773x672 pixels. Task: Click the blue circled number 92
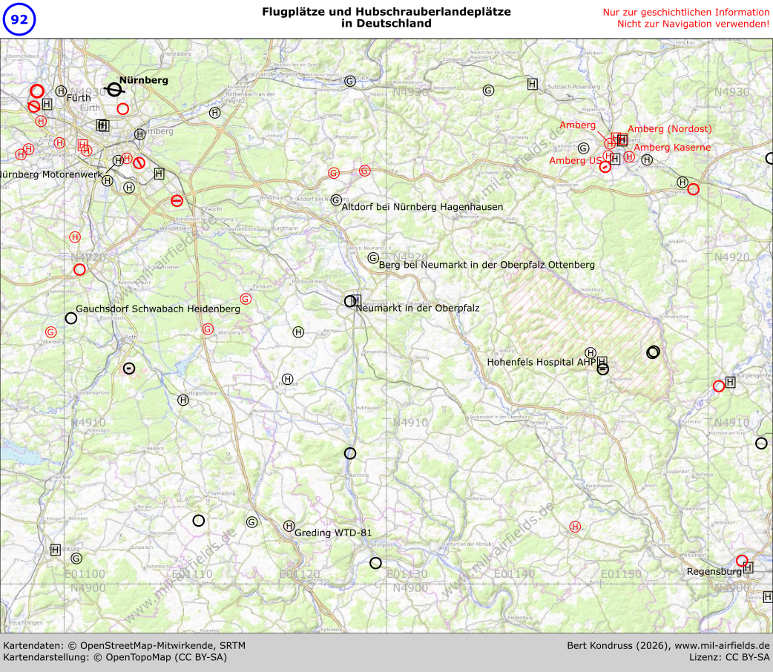[x=19, y=19]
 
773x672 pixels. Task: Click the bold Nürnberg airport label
[x=144, y=80]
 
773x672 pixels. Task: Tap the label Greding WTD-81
[x=333, y=533]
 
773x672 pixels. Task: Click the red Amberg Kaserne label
[x=672, y=148]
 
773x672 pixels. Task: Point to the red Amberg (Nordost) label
[x=669, y=129]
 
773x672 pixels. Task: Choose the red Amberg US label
[x=574, y=161]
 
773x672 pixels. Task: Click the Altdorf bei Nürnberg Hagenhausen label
[x=422, y=207]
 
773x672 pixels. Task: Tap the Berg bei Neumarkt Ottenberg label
[x=487, y=265]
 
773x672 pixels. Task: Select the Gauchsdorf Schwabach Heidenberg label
[x=158, y=309]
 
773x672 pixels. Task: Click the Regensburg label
[x=714, y=572]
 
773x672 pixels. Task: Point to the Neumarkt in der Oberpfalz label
[x=418, y=308]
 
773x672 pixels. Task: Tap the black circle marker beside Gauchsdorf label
[x=71, y=318]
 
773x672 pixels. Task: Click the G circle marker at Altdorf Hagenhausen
[x=336, y=200]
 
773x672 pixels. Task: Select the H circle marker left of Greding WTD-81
[x=289, y=526]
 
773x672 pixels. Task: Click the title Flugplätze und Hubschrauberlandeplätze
[x=386, y=13]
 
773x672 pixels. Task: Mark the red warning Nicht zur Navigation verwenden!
[x=693, y=24]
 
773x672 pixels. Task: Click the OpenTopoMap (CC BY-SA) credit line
[x=115, y=657]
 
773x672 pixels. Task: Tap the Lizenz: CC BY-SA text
[x=729, y=657]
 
